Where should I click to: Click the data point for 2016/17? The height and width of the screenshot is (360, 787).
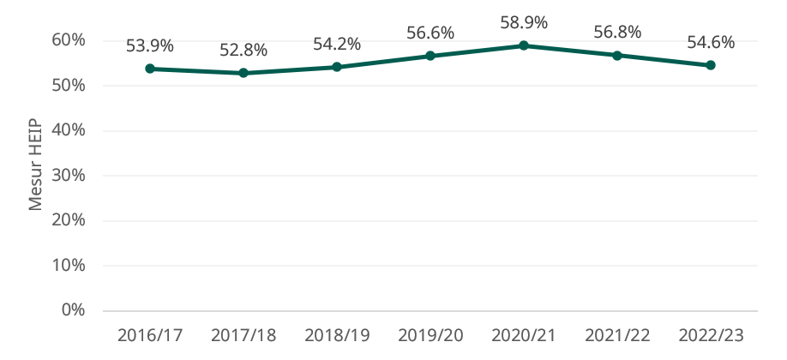(150, 69)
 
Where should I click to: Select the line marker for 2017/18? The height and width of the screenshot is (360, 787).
(243, 73)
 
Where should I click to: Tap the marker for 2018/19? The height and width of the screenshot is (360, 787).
(337, 67)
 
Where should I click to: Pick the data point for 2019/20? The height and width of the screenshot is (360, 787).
(430, 56)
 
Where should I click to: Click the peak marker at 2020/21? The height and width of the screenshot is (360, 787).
(524, 45)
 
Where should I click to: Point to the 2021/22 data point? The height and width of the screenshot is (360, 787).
(617, 55)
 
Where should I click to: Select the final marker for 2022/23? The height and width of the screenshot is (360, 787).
(711, 65)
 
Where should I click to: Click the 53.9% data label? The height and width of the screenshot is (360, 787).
(150, 45)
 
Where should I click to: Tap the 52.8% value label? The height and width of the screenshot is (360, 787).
(243, 50)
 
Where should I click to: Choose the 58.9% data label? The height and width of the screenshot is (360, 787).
(524, 22)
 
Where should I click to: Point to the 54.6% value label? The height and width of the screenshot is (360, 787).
(711, 42)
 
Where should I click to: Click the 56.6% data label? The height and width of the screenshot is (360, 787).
(430, 33)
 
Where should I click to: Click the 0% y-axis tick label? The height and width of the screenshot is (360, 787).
(74, 310)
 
